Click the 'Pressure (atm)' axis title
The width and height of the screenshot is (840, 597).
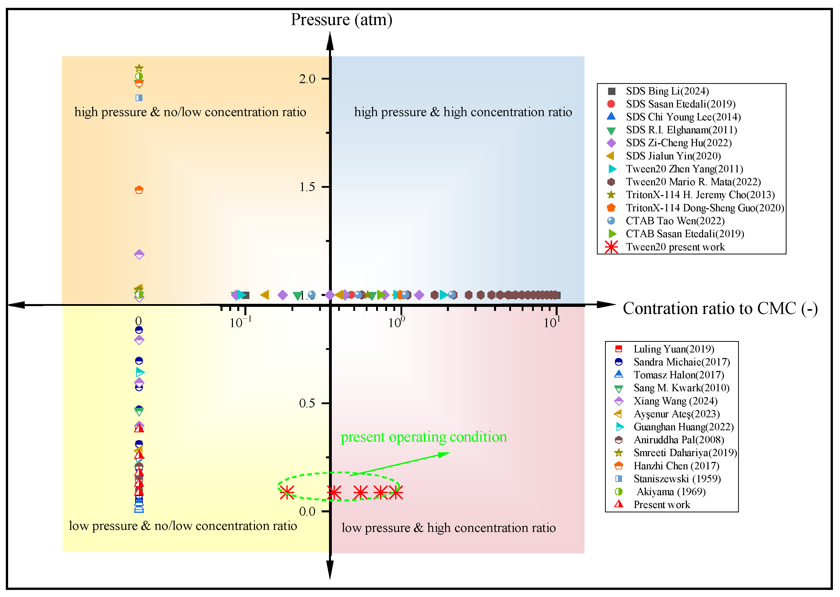click(x=341, y=20)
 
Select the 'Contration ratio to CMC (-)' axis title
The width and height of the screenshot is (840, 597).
click(x=720, y=308)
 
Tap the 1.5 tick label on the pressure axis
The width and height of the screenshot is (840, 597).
click(x=307, y=187)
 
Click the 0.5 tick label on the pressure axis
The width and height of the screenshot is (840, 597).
click(x=307, y=403)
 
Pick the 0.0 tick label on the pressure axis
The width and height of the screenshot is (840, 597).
click(x=307, y=511)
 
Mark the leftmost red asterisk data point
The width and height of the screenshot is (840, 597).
click(x=287, y=492)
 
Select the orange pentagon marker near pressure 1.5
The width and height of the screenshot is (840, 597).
click(x=139, y=190)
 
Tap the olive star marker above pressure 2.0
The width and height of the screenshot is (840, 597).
click(x=139, y=68)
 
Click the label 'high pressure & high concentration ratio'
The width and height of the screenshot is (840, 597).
click(x=463, y=112)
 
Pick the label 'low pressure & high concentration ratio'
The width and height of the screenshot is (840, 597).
click(x=448, y=528)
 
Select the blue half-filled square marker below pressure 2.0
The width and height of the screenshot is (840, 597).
click(x=139, y=98)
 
